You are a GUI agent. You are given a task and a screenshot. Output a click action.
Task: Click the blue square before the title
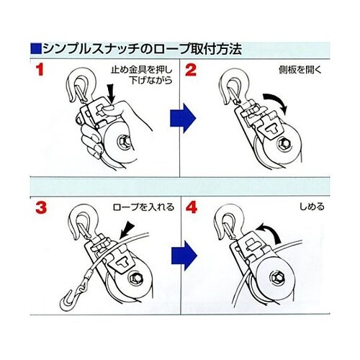tap(36, 49)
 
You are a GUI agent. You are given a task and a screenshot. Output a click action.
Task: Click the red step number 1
tap(40, 70)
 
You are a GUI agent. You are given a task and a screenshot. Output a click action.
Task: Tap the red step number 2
tap(191, 70)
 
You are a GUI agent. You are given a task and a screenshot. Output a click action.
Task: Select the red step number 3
tap(41, 207)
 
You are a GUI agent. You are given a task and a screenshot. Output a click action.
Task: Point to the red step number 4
tap(192, 207)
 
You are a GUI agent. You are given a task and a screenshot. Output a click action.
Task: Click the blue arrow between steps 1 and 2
tap(183, 118)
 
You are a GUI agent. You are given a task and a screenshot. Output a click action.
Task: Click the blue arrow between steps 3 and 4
tap(184, 256)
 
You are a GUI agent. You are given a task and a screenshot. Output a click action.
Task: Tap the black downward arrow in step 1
tap(111, 94)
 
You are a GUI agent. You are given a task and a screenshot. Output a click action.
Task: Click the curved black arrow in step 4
tap(268, 232)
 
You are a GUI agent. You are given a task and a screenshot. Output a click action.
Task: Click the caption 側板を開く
tap(300, 70)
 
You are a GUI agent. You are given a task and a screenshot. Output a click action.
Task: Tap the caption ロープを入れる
tap(143, 207)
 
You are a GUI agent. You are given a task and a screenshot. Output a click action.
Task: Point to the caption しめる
tap(312, 207)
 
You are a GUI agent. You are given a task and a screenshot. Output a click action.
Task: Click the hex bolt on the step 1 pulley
tap(123, 142)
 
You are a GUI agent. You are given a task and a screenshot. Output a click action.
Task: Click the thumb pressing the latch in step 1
tap(109, 109)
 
